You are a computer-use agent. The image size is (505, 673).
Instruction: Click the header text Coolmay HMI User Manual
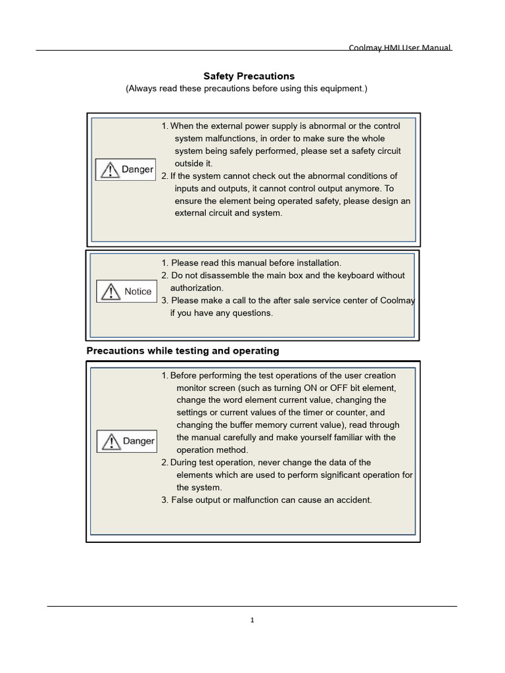400,48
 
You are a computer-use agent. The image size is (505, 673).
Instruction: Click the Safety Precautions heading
249,76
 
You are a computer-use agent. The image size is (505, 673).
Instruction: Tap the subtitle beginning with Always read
247,89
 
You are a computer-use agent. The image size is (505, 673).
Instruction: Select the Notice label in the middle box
137,292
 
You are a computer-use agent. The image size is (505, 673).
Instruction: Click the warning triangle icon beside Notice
110,292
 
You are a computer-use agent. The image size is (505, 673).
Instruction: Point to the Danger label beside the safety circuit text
137,170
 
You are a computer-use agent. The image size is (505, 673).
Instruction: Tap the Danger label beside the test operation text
138,441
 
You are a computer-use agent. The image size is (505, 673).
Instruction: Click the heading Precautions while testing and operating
183,351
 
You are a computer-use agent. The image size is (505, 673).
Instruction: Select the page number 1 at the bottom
252,620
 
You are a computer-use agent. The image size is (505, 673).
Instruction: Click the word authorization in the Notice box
197,288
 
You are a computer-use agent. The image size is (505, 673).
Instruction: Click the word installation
314,263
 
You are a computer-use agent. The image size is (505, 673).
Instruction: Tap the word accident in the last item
354,500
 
